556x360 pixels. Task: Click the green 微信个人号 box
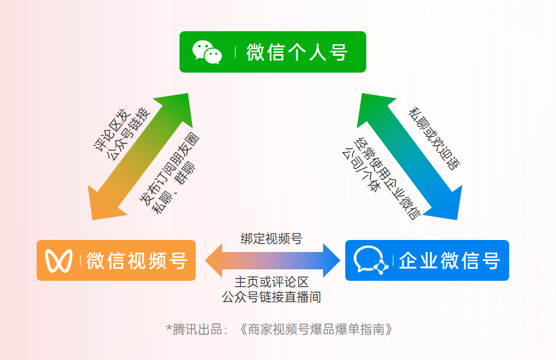tap(273, 52)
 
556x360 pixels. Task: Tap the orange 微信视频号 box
tap(116, 260)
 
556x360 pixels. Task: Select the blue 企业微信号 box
tap(427, 260)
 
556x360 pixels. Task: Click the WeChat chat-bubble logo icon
tap(207, 52)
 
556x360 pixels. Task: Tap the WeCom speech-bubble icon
tap(369, 260)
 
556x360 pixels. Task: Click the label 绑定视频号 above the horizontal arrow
tap(271, 238)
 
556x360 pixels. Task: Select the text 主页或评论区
tap(271, 282)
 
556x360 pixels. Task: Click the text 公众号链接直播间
tap(271, 296)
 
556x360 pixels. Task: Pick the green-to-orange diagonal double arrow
tap(139, 157)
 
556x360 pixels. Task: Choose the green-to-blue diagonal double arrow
tap(409, 157)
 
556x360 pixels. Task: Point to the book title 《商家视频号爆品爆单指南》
tap(315, 329)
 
